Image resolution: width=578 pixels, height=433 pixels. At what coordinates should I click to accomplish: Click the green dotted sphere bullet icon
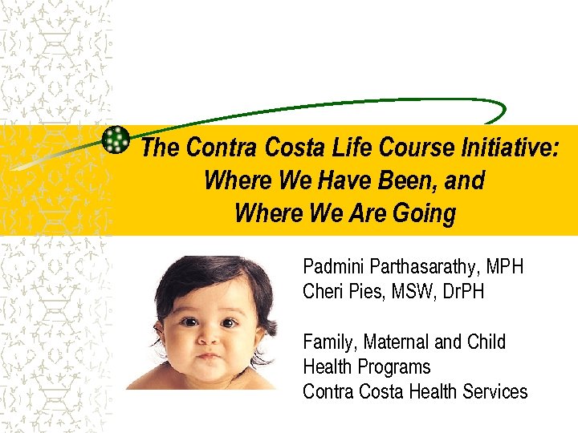pyautogui.click(x=116, y=140)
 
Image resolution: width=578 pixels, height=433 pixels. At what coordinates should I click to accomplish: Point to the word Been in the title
pyautogui.click(x=410, y=181)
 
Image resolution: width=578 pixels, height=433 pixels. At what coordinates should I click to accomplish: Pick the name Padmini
pyautogui.click(x=333, y=266)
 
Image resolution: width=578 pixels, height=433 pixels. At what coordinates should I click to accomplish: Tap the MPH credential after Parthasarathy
pyautogui.click(x=506, y=266)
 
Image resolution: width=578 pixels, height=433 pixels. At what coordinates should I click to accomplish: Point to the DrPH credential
pyautogui.click(x=462, y=291)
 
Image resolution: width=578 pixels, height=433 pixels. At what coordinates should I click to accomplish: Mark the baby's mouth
pyautogui.click(x=209, y=355)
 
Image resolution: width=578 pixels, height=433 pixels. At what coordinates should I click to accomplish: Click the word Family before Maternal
pyautogui.click(x=328, y=342)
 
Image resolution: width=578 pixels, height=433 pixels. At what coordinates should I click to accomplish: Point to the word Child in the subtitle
pyautogui.click(x=486, y=342)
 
